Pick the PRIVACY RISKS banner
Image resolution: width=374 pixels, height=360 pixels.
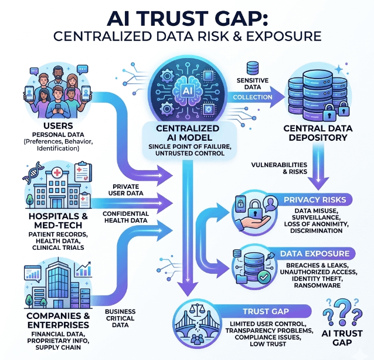(314, 200)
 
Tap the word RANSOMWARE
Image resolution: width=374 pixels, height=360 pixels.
(317, 287)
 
